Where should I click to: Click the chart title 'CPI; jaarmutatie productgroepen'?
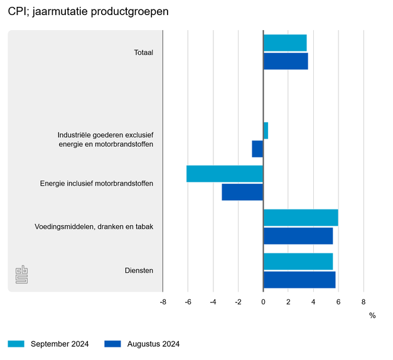click(88, 12)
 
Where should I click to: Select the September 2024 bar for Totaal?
click(285, 43)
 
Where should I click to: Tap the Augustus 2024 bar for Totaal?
click(286, 61)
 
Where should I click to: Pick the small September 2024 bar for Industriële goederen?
click(266, 130)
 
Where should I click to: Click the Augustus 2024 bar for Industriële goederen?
click(257, 149)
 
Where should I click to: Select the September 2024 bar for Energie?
click(225, 174)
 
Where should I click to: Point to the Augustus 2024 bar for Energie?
click(242, 192)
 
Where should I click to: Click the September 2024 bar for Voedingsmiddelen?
click(301, 218)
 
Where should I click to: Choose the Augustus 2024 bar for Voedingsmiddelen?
click(298, 236)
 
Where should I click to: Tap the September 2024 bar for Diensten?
click(298, 262)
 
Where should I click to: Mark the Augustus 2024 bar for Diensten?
click(299, 280)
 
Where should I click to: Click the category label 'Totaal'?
click(143, 53)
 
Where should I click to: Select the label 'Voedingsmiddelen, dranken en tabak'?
click(94, 226)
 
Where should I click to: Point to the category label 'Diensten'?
click(139, 270)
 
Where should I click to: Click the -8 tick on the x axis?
click(163, 302)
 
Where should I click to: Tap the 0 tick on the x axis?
click(263, 302)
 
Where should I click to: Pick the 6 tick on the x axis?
click(338, 302)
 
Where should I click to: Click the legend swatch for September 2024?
click(16, 344)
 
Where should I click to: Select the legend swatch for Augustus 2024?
click(112, 344)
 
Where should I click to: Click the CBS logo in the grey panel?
click(21, 274)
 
